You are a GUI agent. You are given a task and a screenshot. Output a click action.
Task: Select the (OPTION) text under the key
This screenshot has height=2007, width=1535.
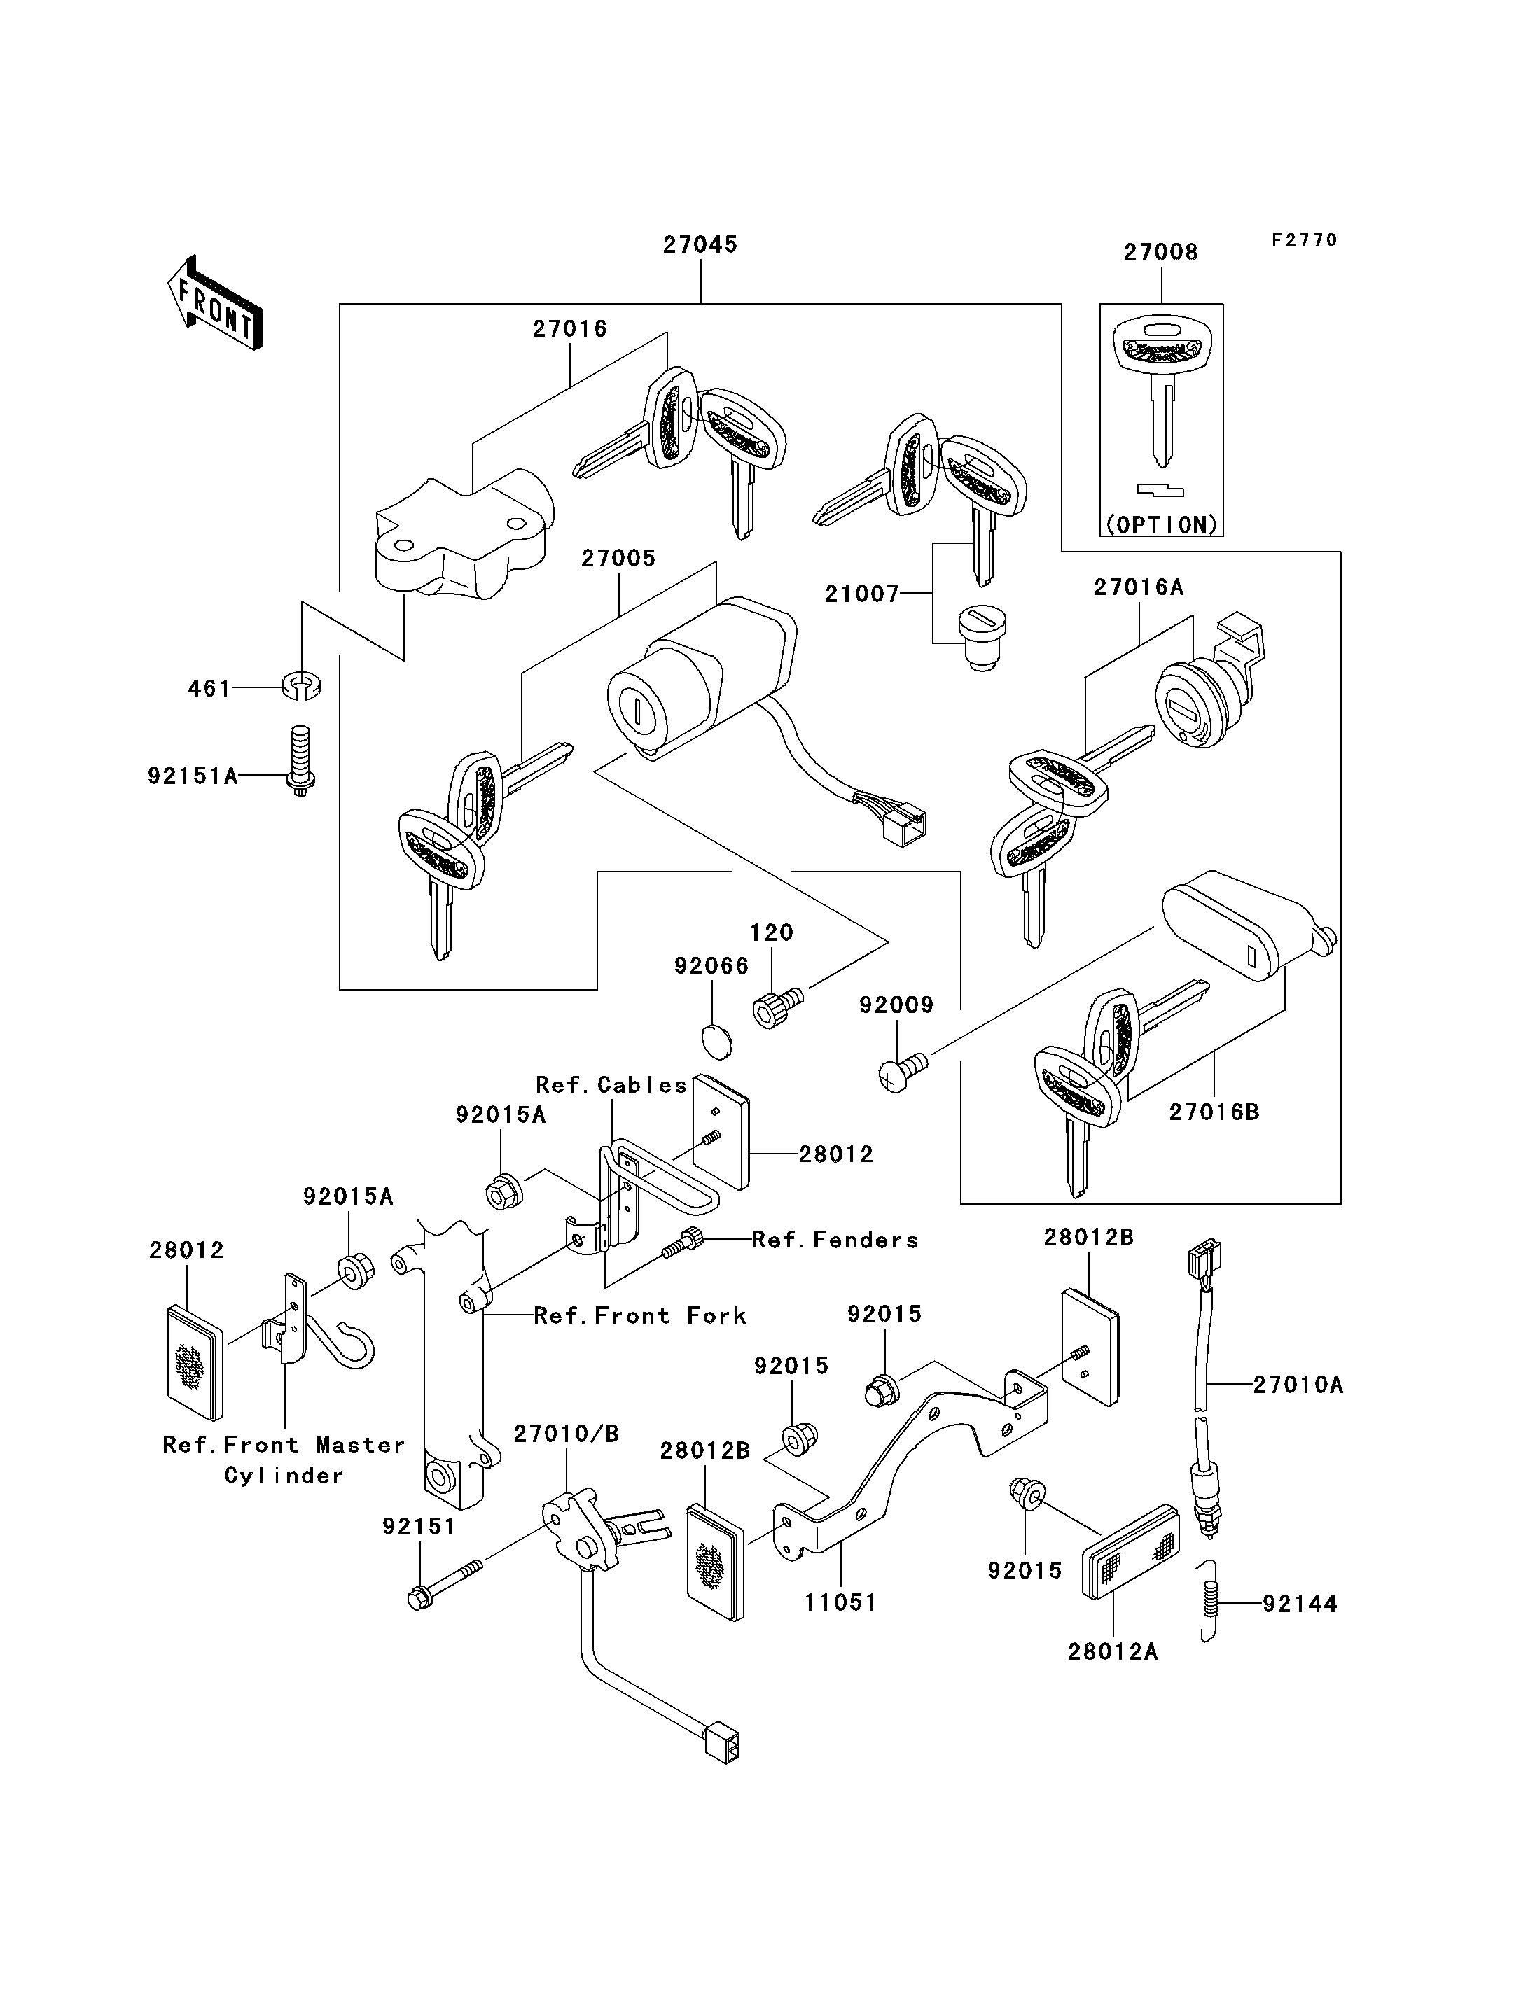pyautogui.click(x=1161, y=524)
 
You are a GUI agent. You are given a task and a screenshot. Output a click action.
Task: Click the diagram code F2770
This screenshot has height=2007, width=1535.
pyautogui.click(x=1304, y=240)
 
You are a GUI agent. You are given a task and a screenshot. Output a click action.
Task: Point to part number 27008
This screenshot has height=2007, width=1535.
pyautogui.click(x=1160, y=252)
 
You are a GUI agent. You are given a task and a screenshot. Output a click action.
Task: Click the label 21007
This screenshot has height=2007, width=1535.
pyautogui.click(x=861, y=595)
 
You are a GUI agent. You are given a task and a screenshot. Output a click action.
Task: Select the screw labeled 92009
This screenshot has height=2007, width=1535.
pyautogui.click(x=899, y=1073)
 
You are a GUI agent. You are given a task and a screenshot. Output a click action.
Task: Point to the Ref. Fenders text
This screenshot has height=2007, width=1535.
pyautogui.click(x=835, y=1240)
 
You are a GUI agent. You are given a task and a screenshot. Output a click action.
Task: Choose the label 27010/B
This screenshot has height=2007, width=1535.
pyautogui.click(x=566, y=1434)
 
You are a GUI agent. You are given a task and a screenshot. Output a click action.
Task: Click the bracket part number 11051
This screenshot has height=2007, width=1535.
pyautogui.click(x=840, y=1602)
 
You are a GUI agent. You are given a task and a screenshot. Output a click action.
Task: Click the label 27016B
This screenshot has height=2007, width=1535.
pyautogui.click(x=1214, y=1112)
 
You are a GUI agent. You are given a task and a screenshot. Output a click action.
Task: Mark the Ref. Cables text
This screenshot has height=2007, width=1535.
pyautogui.click(x=611, y=1085)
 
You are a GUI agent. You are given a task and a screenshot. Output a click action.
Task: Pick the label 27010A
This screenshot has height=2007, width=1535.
pyautogui.click(x=1298, y=1385)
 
